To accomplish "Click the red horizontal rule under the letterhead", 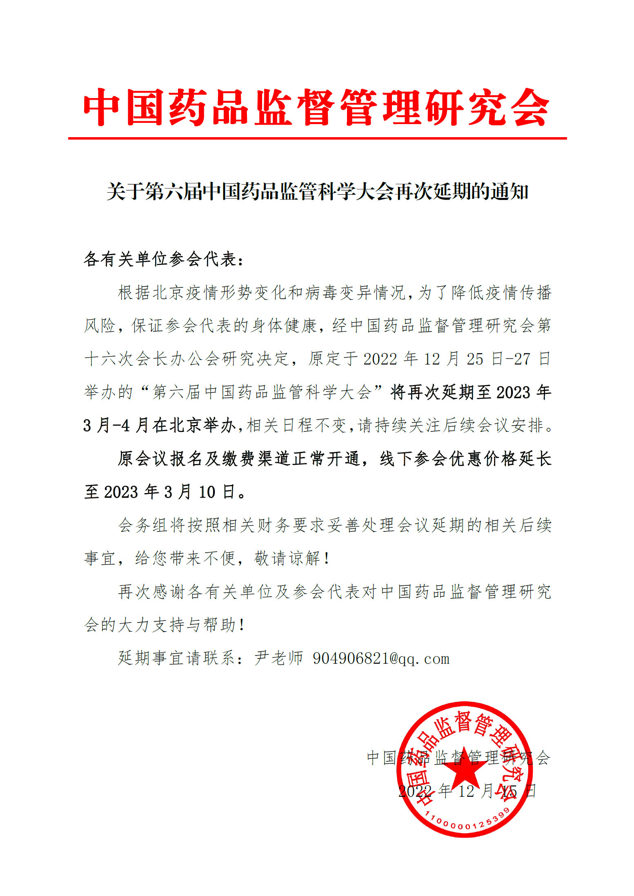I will [x=317, y=138].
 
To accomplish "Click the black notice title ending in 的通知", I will [x=317, y=191].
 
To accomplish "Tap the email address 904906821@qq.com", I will [x=381, y=658].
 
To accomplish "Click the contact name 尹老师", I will [x=278, y=658].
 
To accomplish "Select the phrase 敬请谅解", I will [x=287, y=558].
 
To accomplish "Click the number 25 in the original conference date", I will [x=475, y=359].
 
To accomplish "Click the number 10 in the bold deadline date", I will [x=207, y=492].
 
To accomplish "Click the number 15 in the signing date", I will [x=509, y=791].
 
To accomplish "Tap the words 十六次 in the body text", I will [x=109, y=359].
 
